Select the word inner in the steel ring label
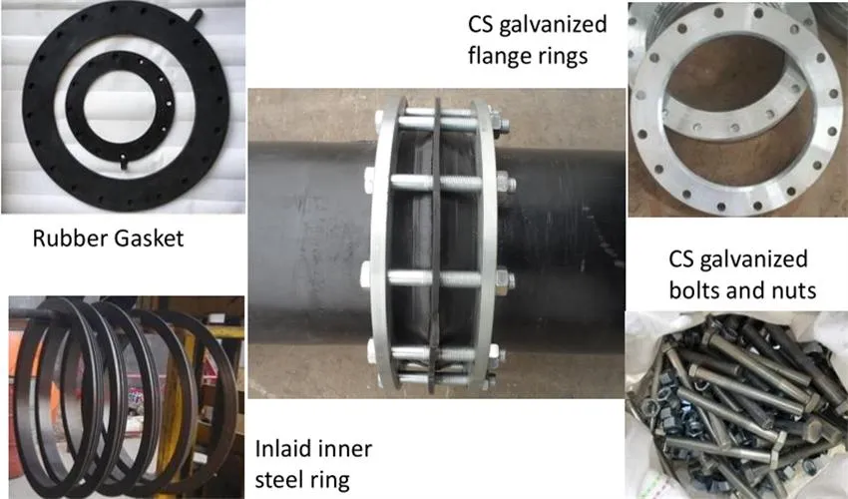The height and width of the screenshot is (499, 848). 344,448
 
